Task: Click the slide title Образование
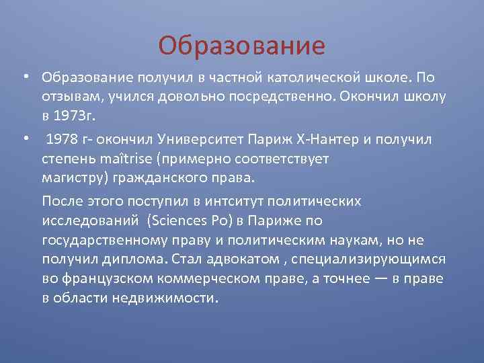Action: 241,46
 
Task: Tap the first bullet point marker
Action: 25,77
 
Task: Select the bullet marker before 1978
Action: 25,139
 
